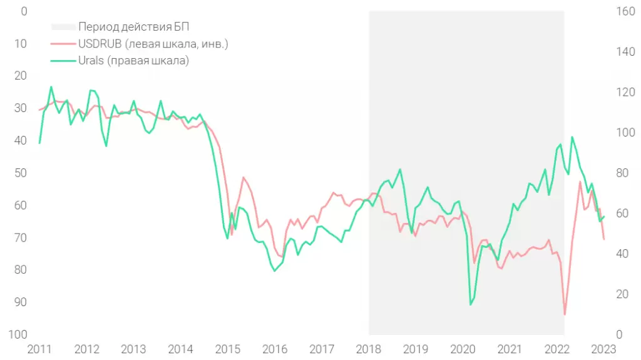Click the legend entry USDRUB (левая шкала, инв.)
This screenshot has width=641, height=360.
tap(153, 44)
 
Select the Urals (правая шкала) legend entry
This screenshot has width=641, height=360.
tap(133, 61)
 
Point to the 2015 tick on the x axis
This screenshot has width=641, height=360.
tap(228, 349)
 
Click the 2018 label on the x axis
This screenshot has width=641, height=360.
tap(369, 349)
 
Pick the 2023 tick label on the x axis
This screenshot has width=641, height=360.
tap(603, 349)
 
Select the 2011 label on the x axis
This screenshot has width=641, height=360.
tap(39, 349)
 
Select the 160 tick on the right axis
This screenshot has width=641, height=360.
tap(609, 11)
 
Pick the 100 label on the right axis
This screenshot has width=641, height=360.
tap(609, 133)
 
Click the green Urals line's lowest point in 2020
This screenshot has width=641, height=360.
tap(471, 305)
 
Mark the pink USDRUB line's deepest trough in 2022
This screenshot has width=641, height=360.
tap(565, 314)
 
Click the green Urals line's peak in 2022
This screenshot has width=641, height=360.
tap(572, 136)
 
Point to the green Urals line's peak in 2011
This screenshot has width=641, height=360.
tap(51, 87)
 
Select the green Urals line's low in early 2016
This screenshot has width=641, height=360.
tap(275, 270)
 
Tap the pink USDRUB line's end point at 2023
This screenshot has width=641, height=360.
tap(604, 239)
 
